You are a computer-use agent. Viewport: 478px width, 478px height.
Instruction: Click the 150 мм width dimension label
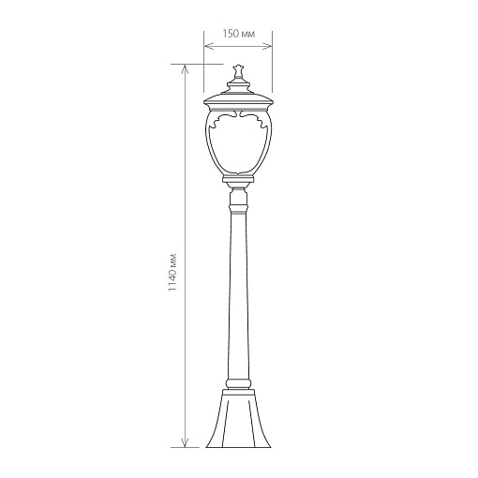pos(239,34)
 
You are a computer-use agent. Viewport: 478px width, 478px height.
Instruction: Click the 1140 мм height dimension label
pos(172,273)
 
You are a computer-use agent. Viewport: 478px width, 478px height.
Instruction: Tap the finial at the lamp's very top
pos(238,71)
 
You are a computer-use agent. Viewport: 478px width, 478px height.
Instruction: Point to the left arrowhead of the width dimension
pos(208,47)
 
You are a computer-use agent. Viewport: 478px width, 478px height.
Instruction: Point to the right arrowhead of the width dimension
pos(268,47)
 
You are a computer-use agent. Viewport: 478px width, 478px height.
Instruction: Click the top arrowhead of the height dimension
pos(185,69)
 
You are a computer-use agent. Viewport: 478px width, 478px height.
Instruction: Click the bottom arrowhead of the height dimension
pos(185,442)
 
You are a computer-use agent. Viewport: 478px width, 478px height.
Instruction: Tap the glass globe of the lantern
pos(238,142)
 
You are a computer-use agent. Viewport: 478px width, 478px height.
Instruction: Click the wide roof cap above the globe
pos(238,101)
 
